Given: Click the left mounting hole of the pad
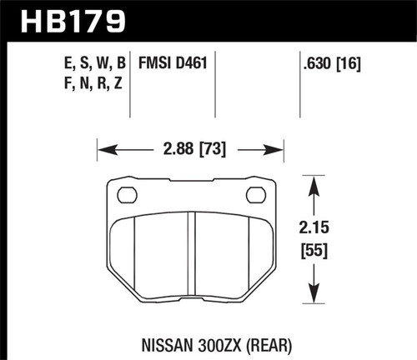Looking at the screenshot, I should pos(128,197).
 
